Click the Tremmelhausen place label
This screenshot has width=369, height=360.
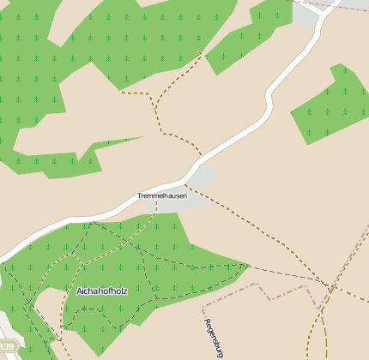pos(162,196)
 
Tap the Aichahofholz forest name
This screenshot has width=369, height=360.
pos(102,291)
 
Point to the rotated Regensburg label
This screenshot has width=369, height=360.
pos(214,338)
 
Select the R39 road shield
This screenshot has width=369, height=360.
pos(9,345)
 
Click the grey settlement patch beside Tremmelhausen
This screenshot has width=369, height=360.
pos(199,181)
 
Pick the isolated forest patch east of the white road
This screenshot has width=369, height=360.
pos(330,105)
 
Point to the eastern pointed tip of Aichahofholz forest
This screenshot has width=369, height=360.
pos(248,265)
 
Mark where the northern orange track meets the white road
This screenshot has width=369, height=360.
pos(203,156)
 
